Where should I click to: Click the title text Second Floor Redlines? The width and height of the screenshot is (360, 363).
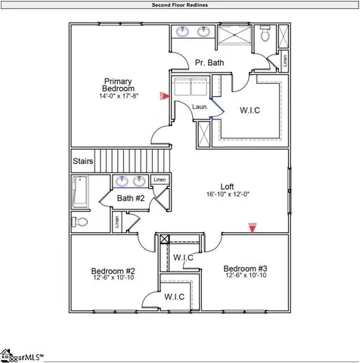click(179, 5)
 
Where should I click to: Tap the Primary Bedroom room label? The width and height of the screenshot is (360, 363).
click(119, 85)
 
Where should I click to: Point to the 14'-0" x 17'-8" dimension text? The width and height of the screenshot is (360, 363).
click(119, 97)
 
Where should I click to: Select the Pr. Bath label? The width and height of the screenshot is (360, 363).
click(209, 63)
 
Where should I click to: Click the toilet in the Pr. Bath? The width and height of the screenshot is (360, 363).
click(265, 35)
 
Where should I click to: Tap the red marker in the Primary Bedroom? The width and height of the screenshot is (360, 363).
click(162, 95)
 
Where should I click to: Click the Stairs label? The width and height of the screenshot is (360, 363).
click(83, 161)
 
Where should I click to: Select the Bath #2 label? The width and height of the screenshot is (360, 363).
click(130, 198)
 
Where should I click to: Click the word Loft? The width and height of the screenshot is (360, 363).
click(228, 186)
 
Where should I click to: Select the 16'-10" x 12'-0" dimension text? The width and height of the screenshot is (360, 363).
click(228, 195)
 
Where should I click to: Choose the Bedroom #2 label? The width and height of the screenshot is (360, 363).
click(113, 271)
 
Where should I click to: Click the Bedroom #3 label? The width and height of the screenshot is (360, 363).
click(246, 268)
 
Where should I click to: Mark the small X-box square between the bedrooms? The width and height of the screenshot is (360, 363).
click(166, 240)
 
